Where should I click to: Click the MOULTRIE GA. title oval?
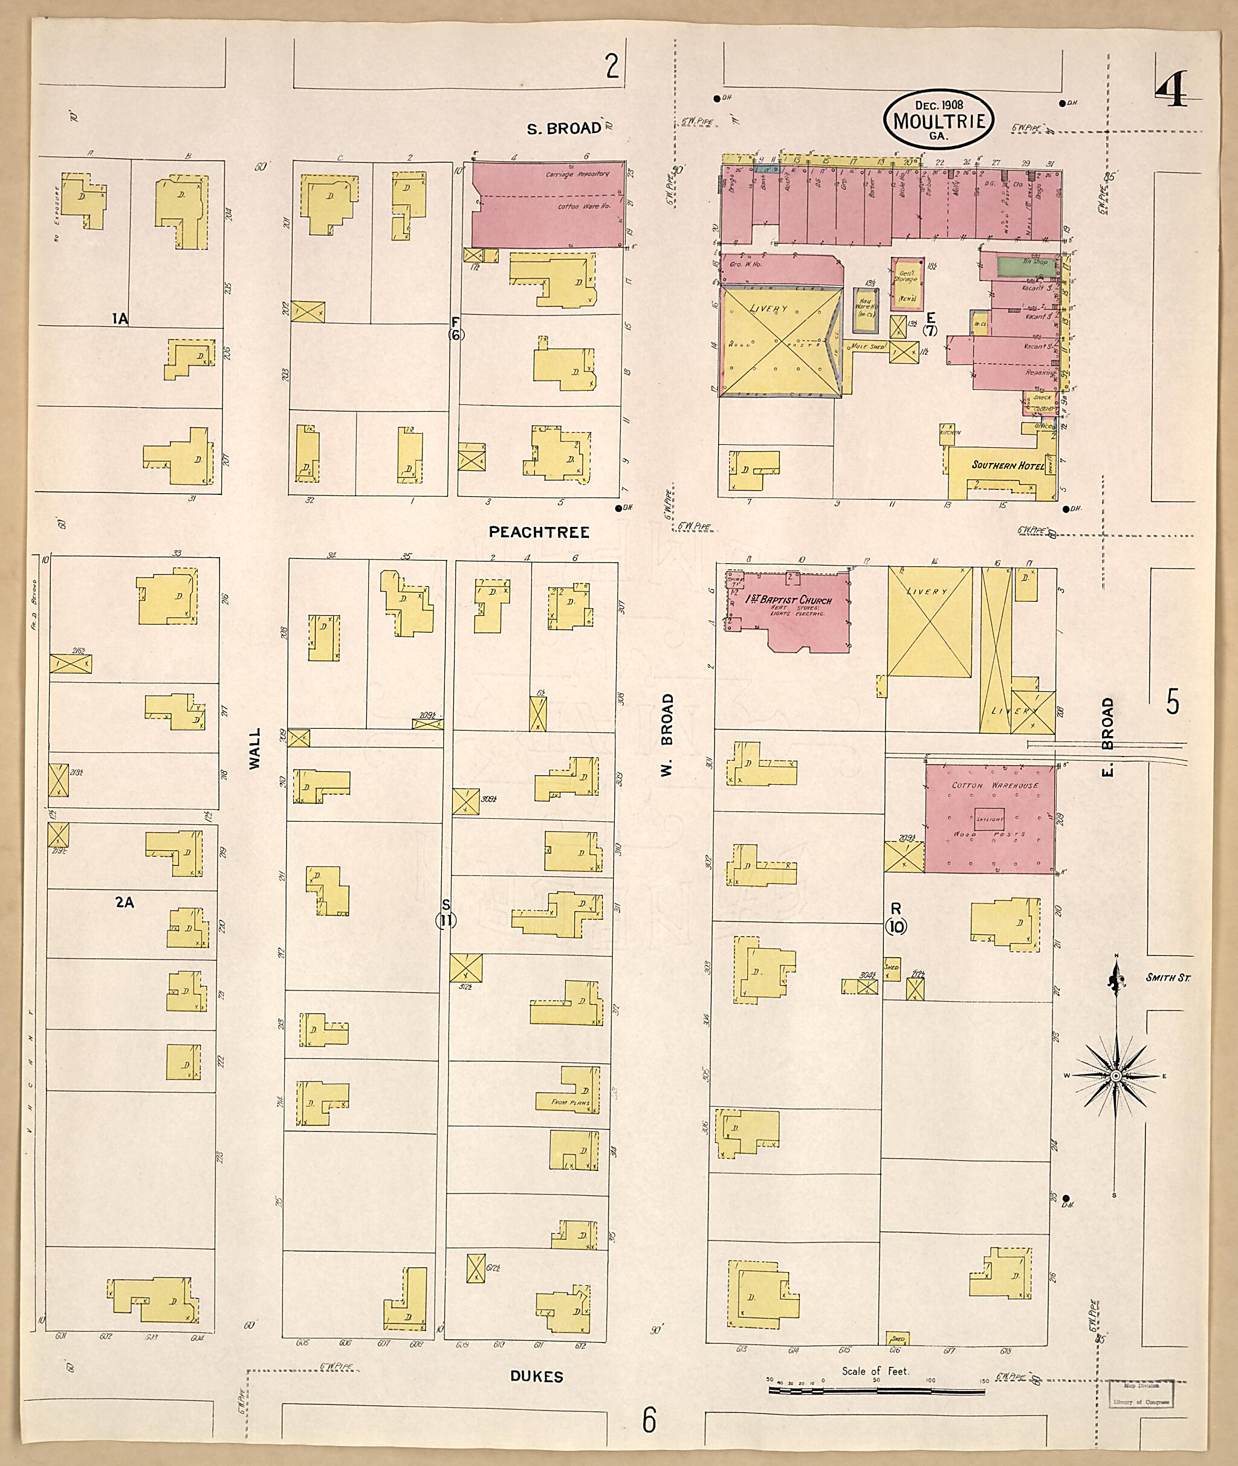pyautogui.click(x=938, y=120)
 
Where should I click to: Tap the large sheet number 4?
pyautogui.click(x=1170, y=91)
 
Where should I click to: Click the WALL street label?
pyautogui.click(x=254, y=749)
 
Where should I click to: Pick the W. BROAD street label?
pyautogui.click(x=667, y=734)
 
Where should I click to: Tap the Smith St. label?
pyautogui.click(x=1167, y=978)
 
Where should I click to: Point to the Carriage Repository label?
pyautogui.click(x=578, y=174)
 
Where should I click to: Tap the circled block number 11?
pyautogui.click(x=446, y=921)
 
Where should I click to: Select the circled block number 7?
pyautogui.click(x=930, y=331)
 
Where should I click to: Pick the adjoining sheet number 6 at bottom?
pyautogui.click(x=649, y=1421)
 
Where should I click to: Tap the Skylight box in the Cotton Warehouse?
pyautogui.click(x=990, y=819)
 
